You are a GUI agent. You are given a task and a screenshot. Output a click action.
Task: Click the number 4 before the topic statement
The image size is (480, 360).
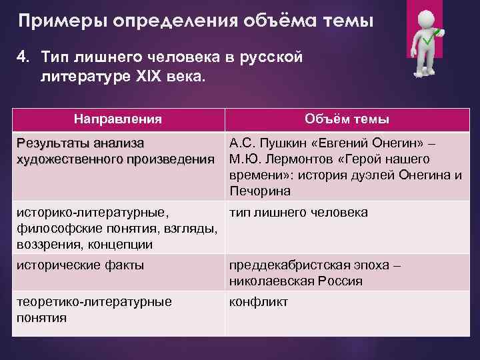pyautogui.click(x=21, y=57)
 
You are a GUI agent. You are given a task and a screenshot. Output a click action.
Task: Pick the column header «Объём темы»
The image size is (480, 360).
pyautogui.click(x=347, y=119)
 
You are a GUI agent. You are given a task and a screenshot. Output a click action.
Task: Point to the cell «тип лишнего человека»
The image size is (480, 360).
pyautogui.click(x=298, y=213)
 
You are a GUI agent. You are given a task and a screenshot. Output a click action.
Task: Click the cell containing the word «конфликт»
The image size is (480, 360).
pyautogui.click(x=259, y=302)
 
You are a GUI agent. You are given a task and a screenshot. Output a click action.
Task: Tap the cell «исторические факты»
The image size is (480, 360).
pyautogui.click(x=79, y=265)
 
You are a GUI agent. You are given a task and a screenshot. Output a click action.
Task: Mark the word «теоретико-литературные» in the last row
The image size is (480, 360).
pyautogui.click(x=93, y=302)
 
